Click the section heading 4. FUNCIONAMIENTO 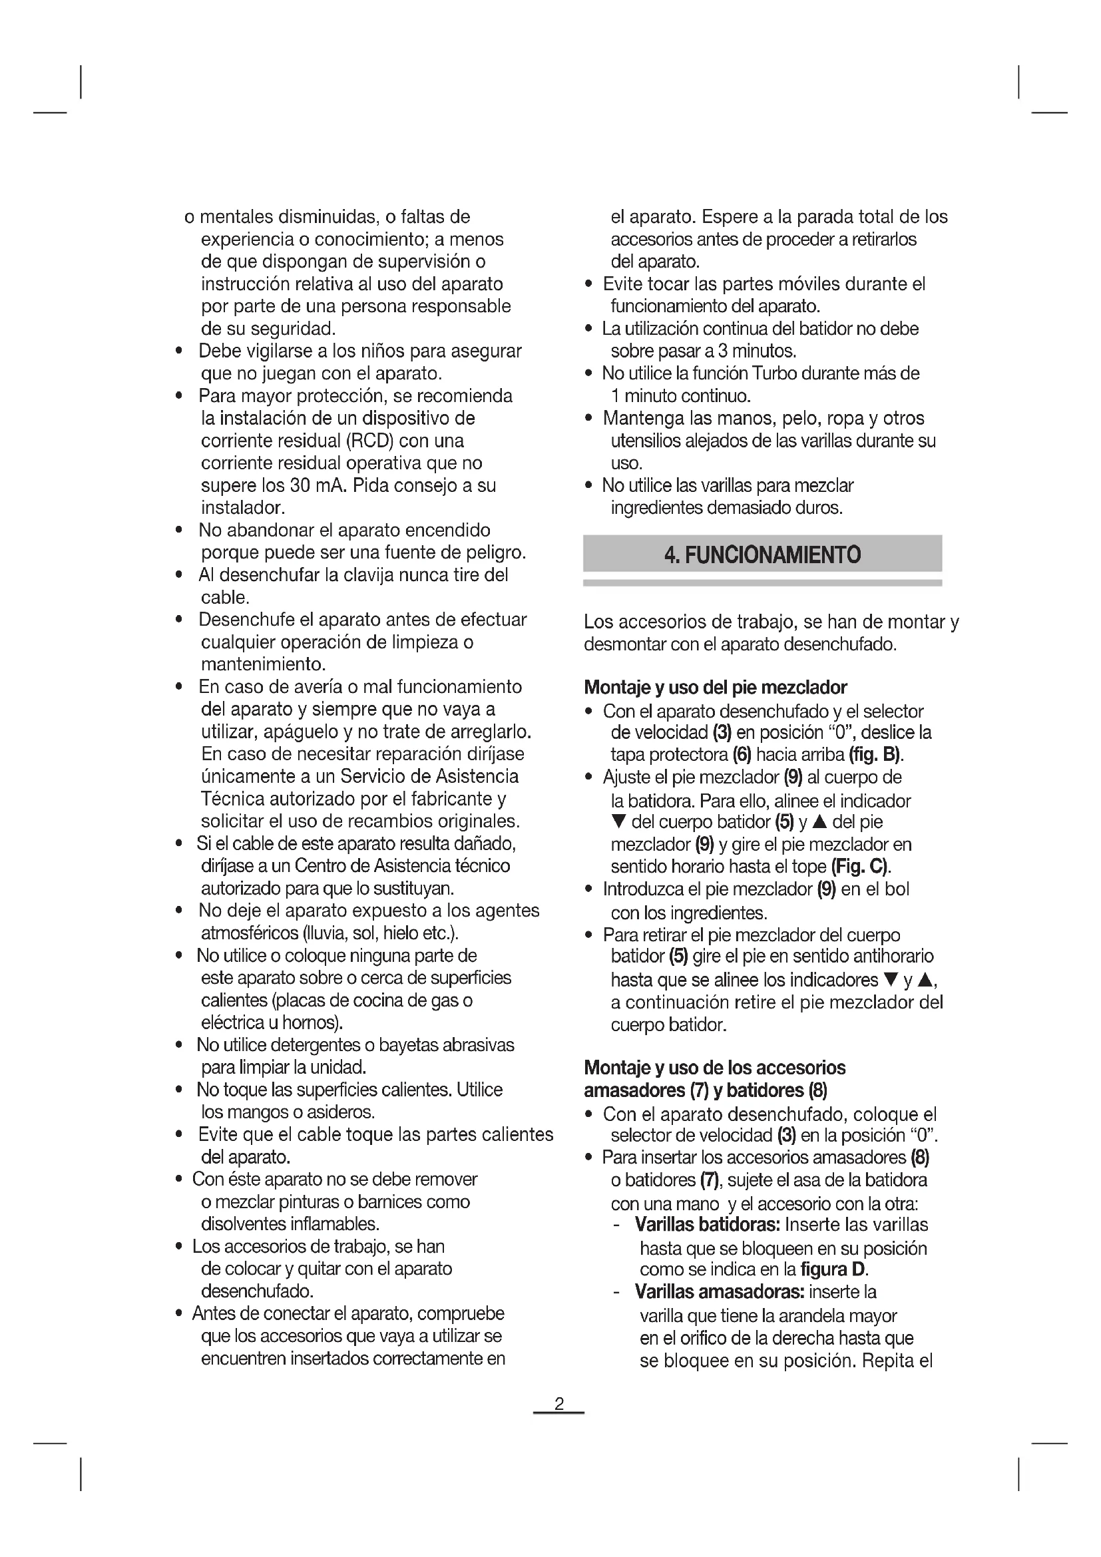(762, 554)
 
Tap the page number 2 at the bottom (558, 1404)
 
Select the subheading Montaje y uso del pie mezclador (715, 688)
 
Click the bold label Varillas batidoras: (708, 1225)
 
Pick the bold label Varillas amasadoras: (719, 1292)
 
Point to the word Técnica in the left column (227, 799)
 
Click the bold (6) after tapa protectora (742, 754)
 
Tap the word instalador (242, 508)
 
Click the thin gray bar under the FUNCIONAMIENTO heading (762, 582)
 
